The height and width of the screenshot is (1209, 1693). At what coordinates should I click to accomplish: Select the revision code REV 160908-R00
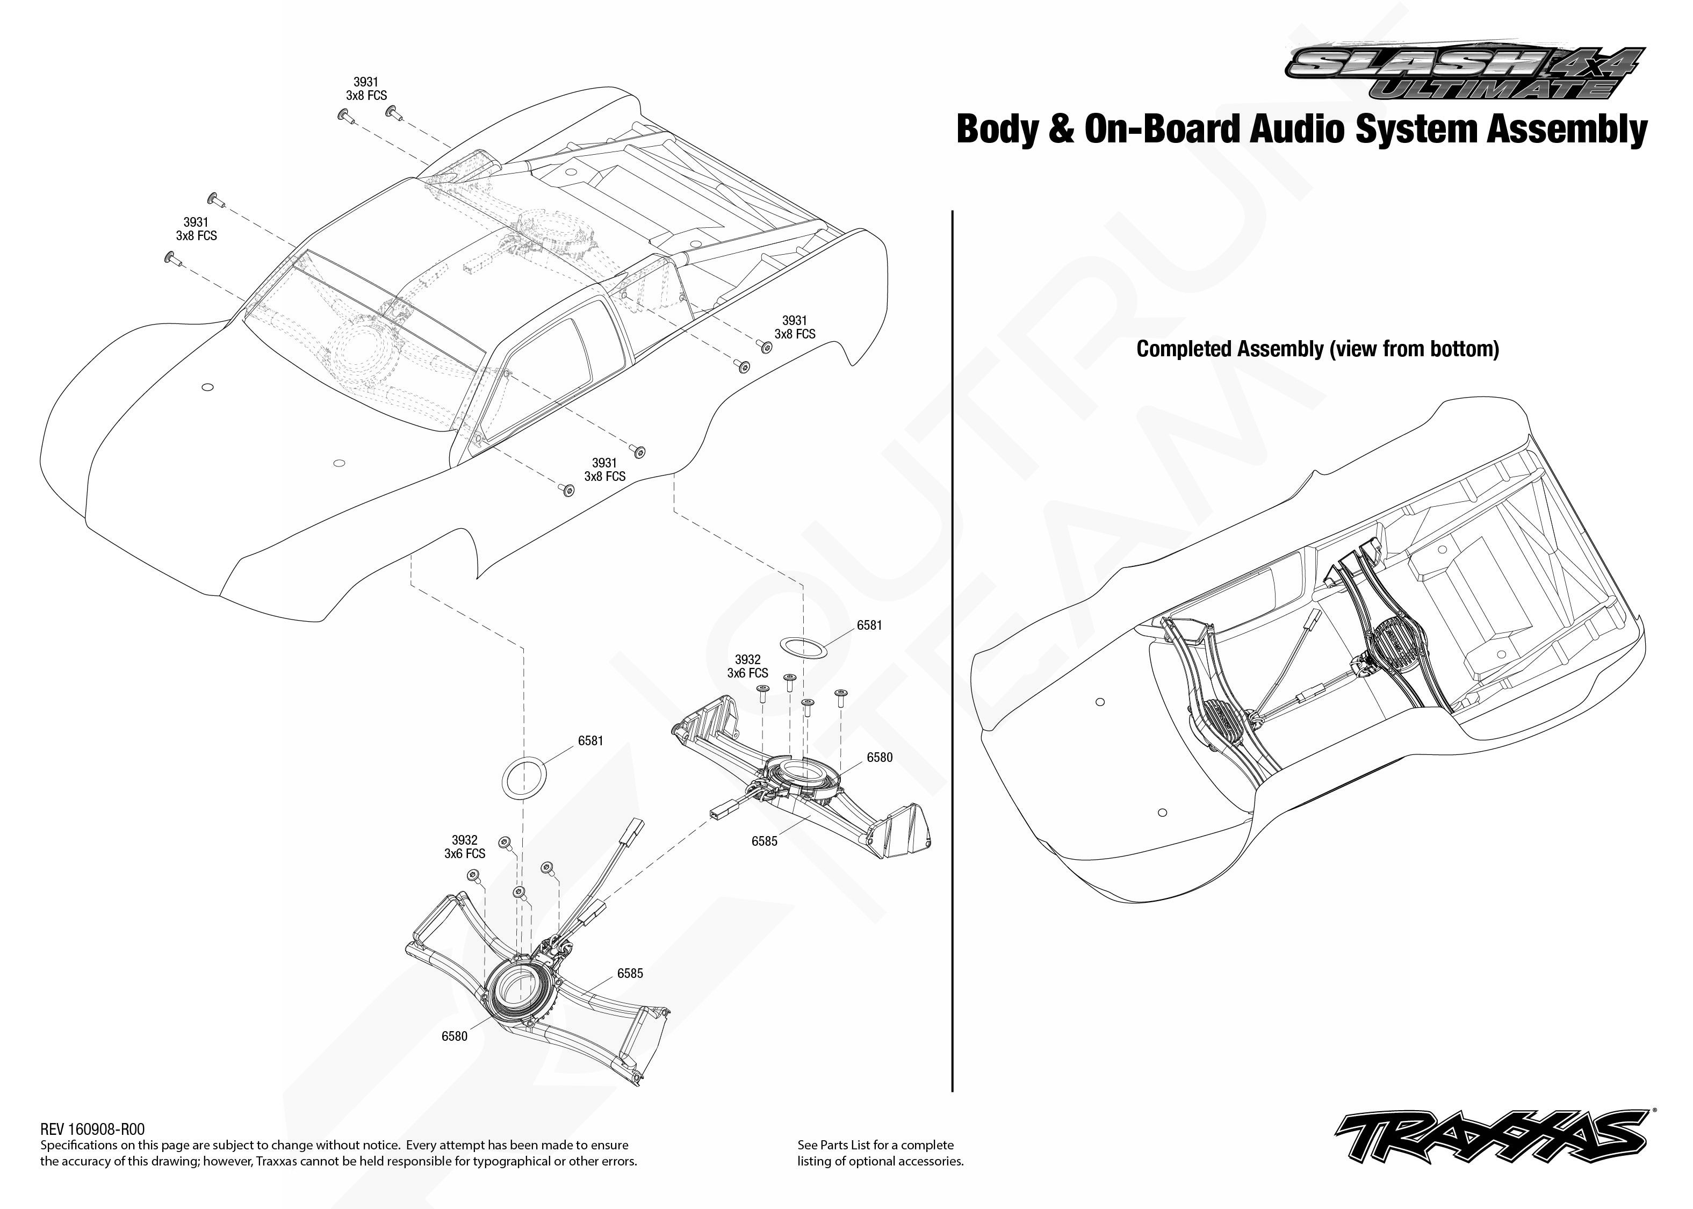click(92, 1129)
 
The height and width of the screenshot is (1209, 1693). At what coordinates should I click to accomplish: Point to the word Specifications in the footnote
click(78, 1145)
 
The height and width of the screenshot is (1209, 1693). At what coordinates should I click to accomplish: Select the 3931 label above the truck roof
click(365, 82)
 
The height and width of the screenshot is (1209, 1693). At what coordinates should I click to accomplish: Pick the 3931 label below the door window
click(604, 463)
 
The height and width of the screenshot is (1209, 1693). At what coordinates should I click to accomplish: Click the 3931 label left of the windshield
click(196, 222)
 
